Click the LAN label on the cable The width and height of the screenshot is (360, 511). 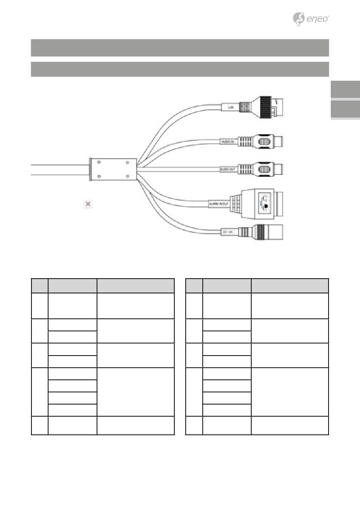tap(230, 107)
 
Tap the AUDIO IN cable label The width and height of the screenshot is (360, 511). tap(227, 142)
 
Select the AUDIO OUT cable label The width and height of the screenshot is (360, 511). tap(228, 169)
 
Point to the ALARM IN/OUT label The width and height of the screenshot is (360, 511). tap(219, 204)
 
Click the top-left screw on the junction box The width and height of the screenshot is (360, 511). tap(99, 162)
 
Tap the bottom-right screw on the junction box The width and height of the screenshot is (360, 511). tap(128, 176)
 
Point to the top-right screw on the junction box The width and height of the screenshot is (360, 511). tap(128, 162)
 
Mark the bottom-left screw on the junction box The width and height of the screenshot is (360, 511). tap(99, 176)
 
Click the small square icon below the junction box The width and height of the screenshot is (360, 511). tap(88, 204)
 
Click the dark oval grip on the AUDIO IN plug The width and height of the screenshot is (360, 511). tap(265, 142)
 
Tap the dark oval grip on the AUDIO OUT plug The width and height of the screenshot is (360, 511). tap(265, 169)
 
